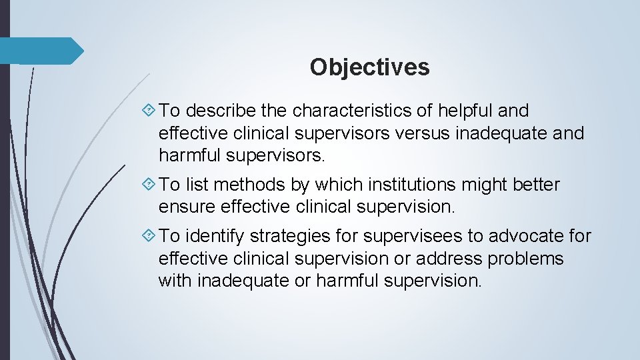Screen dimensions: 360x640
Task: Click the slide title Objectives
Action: [x=369, y=67]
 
